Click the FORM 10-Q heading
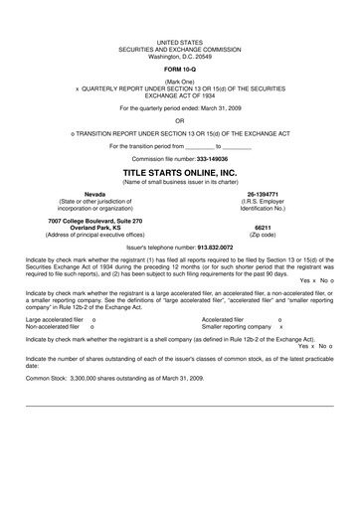[x=180, y=68]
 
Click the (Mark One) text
[x=180, y=80]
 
